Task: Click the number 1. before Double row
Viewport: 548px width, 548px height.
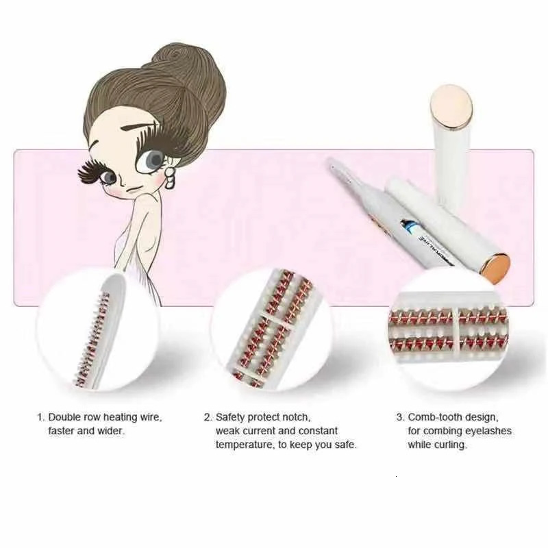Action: click(41, 416)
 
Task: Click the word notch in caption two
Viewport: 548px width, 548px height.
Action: click(297, 416)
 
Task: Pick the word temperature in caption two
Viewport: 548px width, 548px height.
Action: click(244, 445)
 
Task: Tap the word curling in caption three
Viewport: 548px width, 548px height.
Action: click(451, 445)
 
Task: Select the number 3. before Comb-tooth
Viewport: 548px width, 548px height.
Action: click(399, 416)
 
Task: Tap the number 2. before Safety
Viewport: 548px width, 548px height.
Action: click(208, 416)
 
